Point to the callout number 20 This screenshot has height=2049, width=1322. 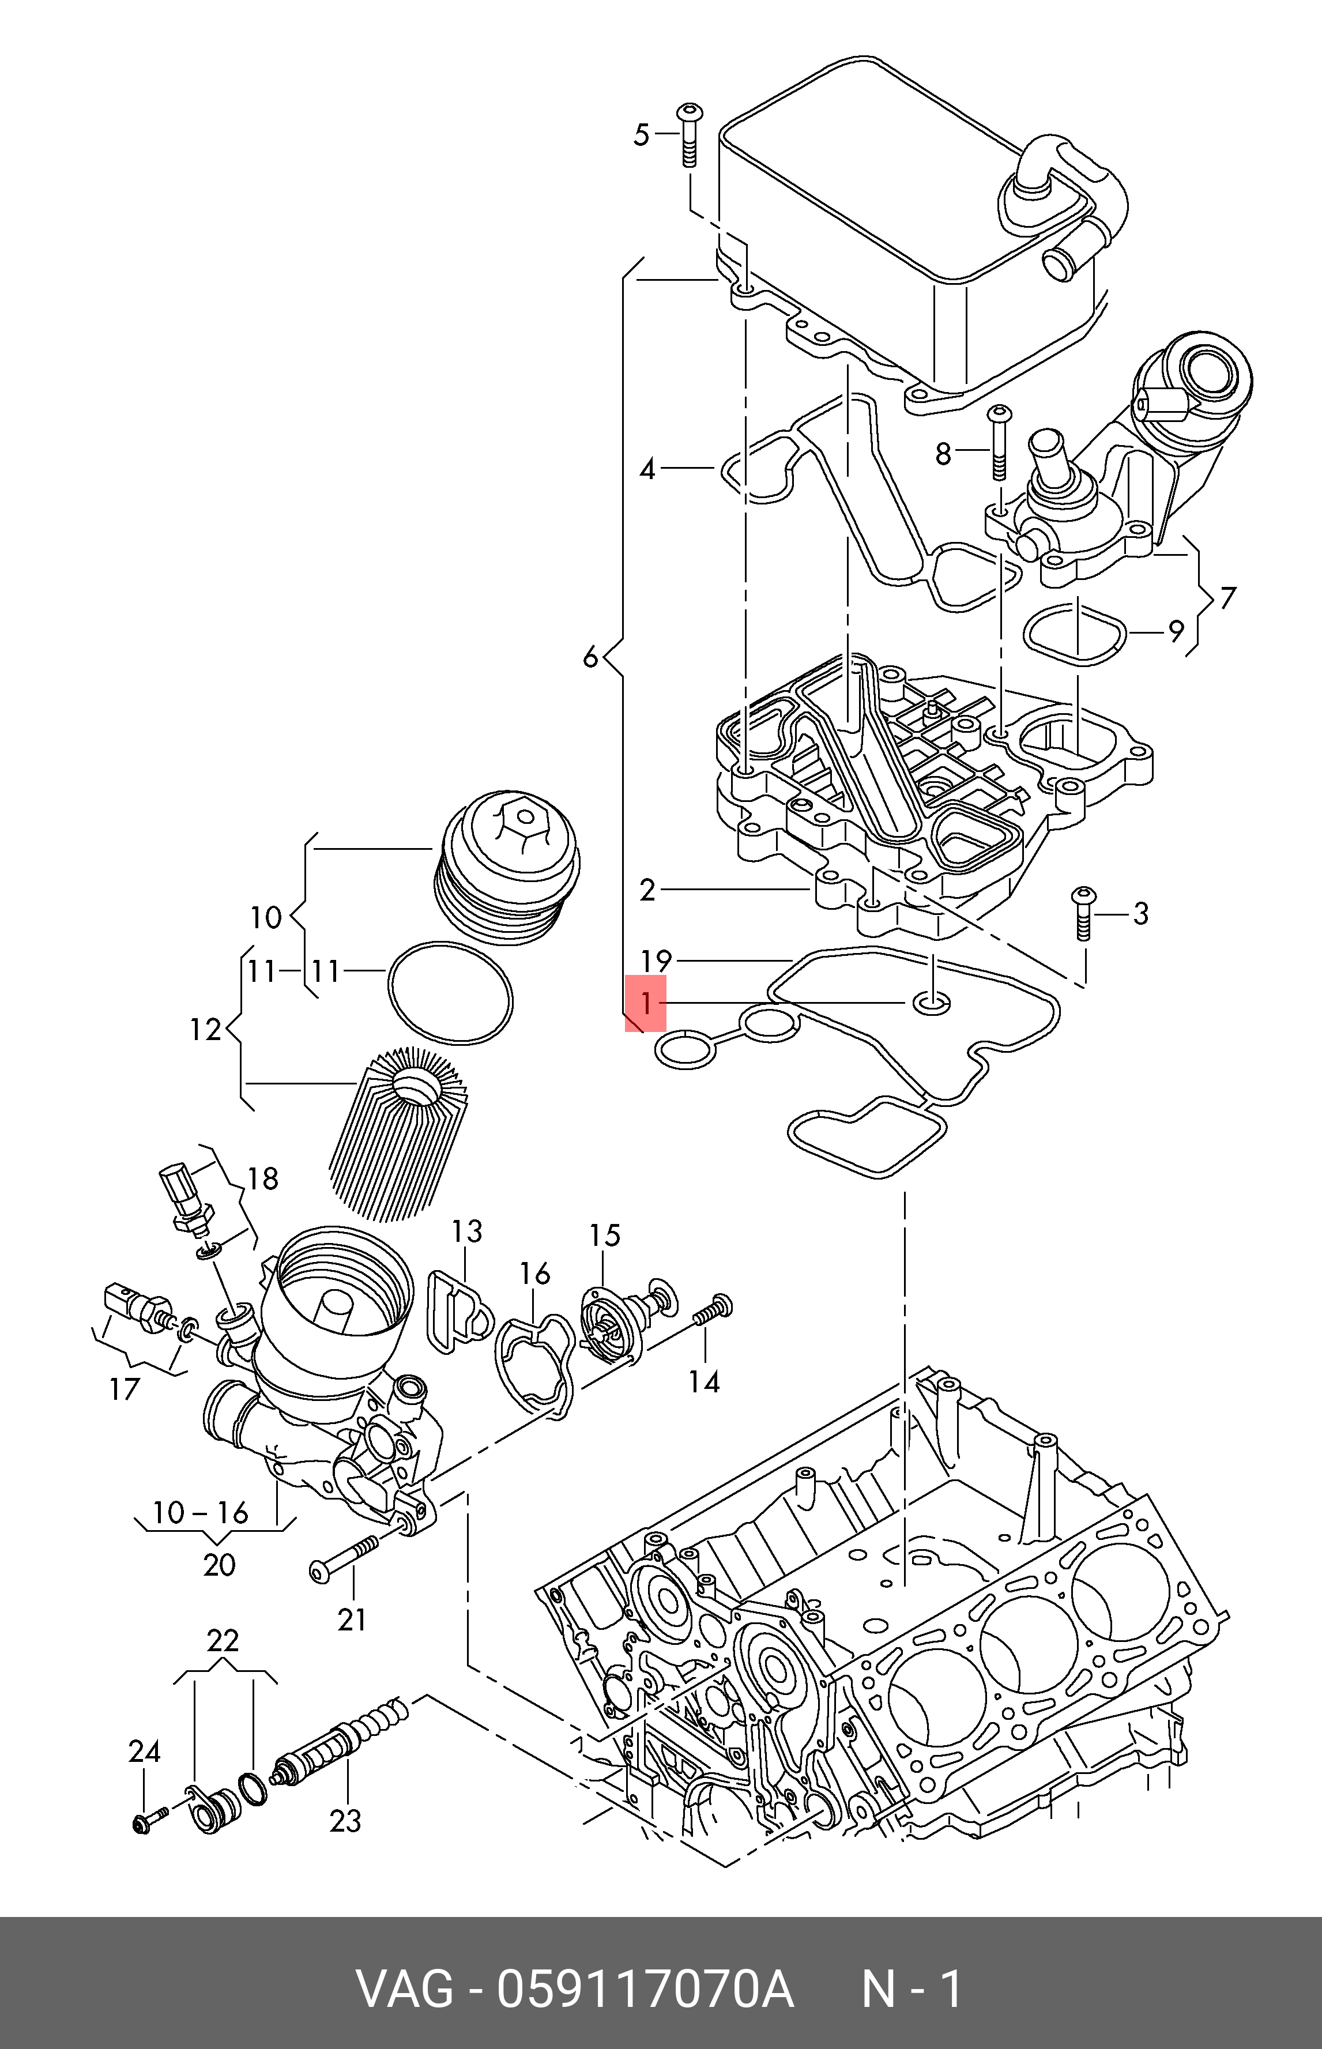(x=219, y=1564)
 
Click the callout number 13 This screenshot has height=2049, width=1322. (x=468, y=1232)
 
